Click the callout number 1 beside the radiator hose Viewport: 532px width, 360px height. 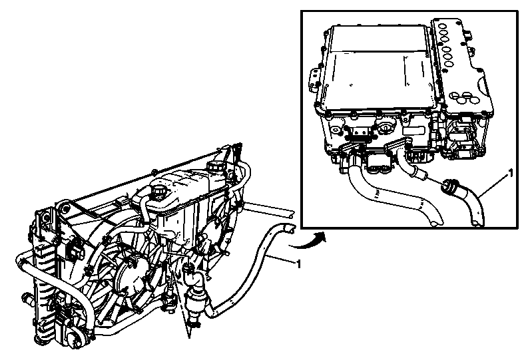298,265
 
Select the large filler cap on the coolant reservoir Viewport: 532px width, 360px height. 160,192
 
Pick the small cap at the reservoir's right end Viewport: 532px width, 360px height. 218,165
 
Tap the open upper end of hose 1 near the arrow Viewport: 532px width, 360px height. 288,228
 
